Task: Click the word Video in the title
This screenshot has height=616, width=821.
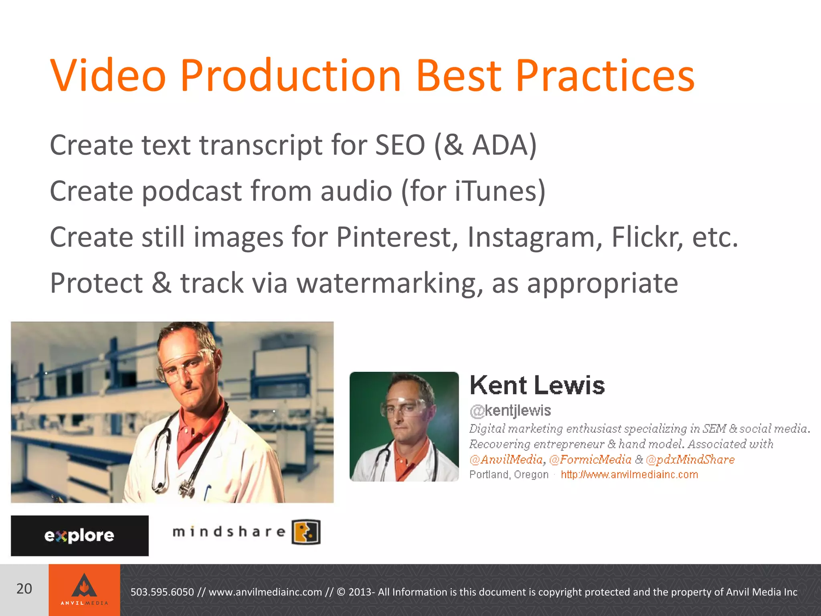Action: click(x=108, y=75)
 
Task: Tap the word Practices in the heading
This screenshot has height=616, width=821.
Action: click(x=605, y=75)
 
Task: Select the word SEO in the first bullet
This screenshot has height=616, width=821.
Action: click(x=400, y=145)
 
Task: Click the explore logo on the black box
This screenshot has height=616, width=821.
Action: click(x=79, y=536)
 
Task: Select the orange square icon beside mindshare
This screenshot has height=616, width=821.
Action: click(x=306, y=532)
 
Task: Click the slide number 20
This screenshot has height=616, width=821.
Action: click(x=24, y=589)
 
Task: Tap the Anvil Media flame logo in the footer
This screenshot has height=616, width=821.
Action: click(x=84, y=586)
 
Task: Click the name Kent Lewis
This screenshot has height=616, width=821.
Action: click(x=537, y=385)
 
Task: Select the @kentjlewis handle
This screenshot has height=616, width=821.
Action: click(x=510, y=411)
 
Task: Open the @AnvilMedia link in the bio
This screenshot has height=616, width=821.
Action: click(x=506, y=460)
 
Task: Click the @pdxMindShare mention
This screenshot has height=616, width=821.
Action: click(x=690, y=460)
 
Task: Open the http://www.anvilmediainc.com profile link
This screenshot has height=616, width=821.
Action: click(x=629, y=475)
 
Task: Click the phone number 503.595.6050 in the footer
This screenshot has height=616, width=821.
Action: click(x=162, y=592)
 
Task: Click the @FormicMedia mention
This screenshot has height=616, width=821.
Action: click(x=590, y=460)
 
